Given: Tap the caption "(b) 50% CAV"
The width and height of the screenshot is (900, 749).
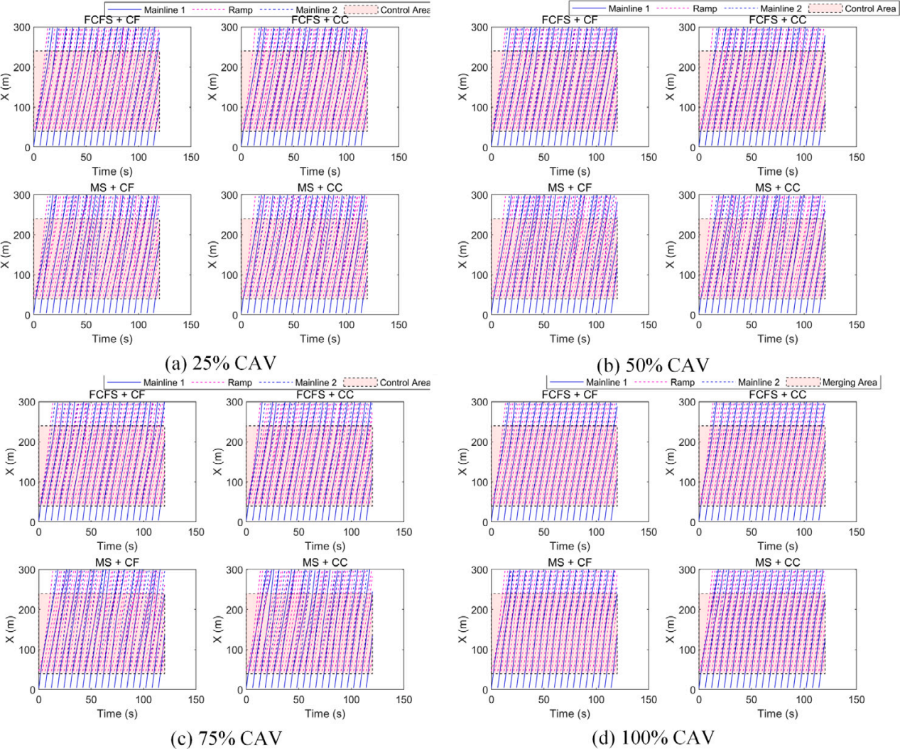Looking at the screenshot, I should [x=653, y=365].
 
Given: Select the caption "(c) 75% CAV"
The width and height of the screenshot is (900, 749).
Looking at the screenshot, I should [x=227, y=738].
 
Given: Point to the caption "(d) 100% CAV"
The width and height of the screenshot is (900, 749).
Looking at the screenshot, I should [x=653, y=738].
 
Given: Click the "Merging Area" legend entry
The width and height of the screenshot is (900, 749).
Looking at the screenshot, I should [x=849, y=383].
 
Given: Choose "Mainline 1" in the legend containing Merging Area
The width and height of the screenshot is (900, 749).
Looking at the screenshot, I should [x=606, y=383].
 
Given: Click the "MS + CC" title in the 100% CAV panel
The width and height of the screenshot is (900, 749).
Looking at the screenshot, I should [x=777, y=562].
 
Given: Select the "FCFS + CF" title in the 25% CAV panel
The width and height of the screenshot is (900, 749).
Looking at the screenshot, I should [x=112, y=20].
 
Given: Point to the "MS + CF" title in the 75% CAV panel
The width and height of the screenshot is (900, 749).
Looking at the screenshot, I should [x=117, y=562].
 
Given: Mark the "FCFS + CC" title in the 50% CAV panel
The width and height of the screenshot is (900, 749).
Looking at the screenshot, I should [x=777, y=20].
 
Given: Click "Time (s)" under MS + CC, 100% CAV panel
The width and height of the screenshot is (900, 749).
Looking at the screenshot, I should [x=777, y=714].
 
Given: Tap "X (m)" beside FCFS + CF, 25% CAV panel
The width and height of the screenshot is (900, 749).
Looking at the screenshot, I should [x=9, y=87].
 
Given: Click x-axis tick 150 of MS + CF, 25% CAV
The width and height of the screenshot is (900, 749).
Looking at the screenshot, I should [x=191, y=324].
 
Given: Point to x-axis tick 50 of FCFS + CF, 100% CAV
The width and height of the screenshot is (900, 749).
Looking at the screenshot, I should [x=543, y=532].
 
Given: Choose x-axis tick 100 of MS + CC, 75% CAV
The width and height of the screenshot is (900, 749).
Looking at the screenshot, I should [x=351, y=699].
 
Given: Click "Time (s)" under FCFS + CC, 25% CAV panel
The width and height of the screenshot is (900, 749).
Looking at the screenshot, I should [x=320, y=171].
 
